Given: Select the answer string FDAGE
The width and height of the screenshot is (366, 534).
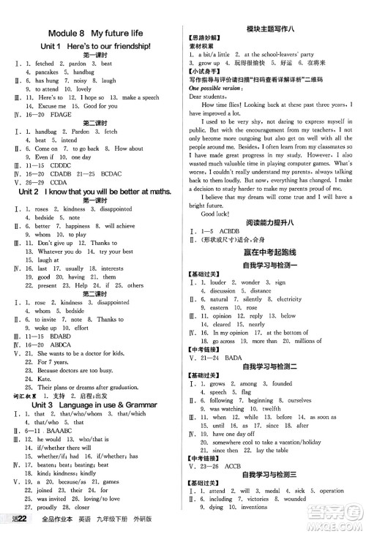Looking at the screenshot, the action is tap(60, 115).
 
